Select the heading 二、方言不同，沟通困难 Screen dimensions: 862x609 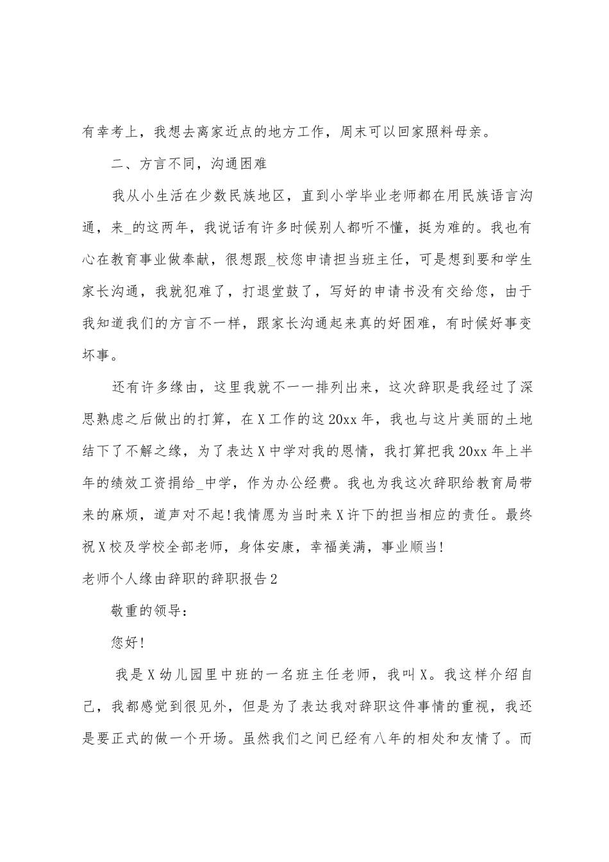click(189, 164)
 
